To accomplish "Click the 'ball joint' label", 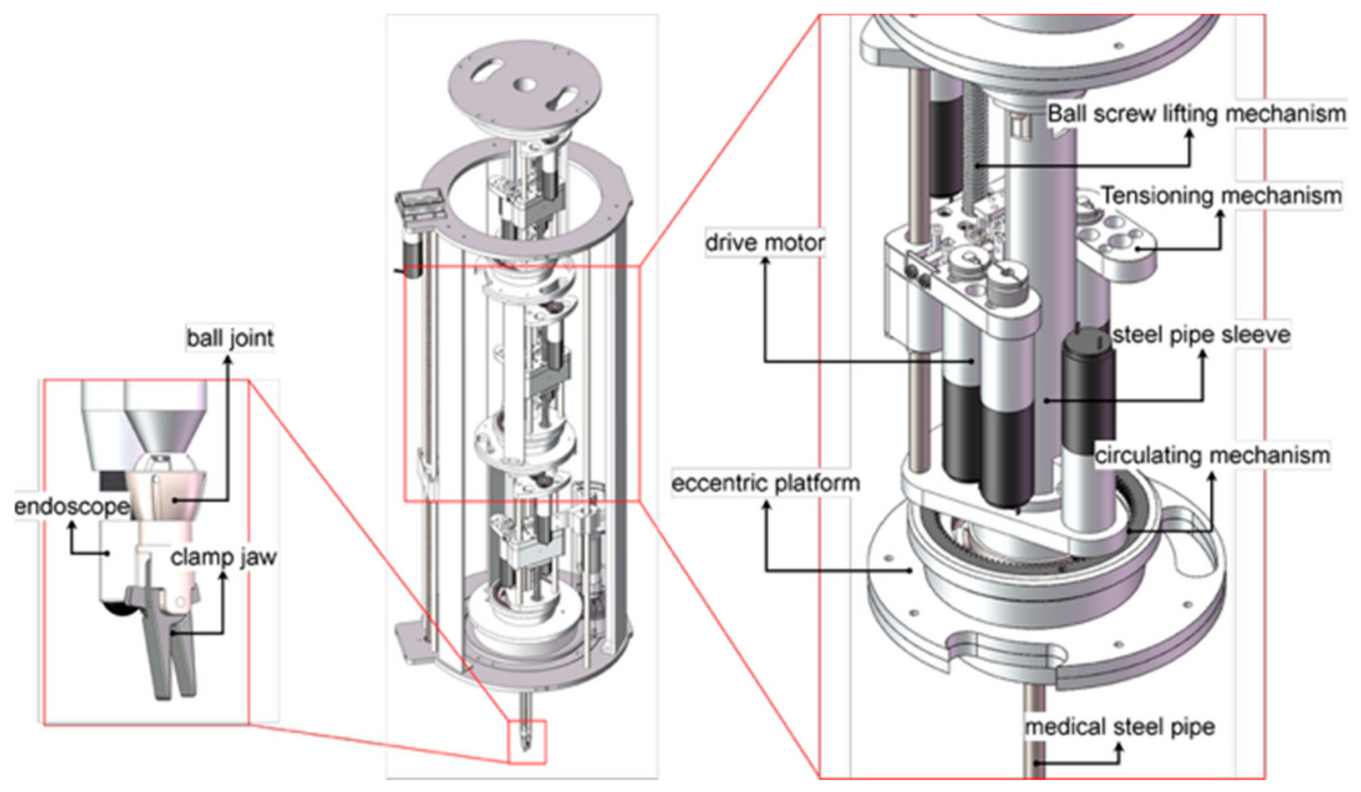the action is tap(230, 339).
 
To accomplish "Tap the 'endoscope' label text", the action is tap(71, 506).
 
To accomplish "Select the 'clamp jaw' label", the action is tap(223, 557).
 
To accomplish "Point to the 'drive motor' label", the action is tap(765, 243).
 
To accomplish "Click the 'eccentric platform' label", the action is tap(766, 484).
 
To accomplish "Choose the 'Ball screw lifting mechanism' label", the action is tap(1196, 114).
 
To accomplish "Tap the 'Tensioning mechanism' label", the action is tap(1221, 195).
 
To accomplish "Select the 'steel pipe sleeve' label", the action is tap(1201, 334).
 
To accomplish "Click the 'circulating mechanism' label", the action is tap(1212, 455).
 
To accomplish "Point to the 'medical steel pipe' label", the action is tap(1120, 727).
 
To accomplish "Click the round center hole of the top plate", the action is tap(526, 84).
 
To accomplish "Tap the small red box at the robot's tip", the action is tap(526, 742).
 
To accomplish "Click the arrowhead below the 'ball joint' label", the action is tap(228, 360).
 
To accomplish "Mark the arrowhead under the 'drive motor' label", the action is tap(765, 261).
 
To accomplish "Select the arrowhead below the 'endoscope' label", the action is tap(71, 526).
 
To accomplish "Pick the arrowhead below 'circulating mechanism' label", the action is tap(1212, 475).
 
